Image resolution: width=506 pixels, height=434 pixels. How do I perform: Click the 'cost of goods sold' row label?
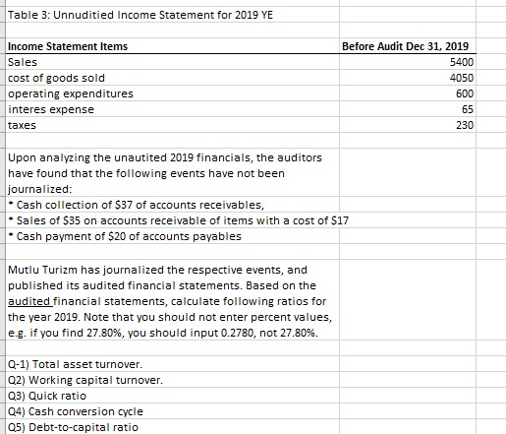coord(57,78)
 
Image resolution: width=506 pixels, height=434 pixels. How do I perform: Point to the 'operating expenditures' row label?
coord(70,93)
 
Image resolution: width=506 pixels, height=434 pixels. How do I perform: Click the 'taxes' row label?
coord(22,125)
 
